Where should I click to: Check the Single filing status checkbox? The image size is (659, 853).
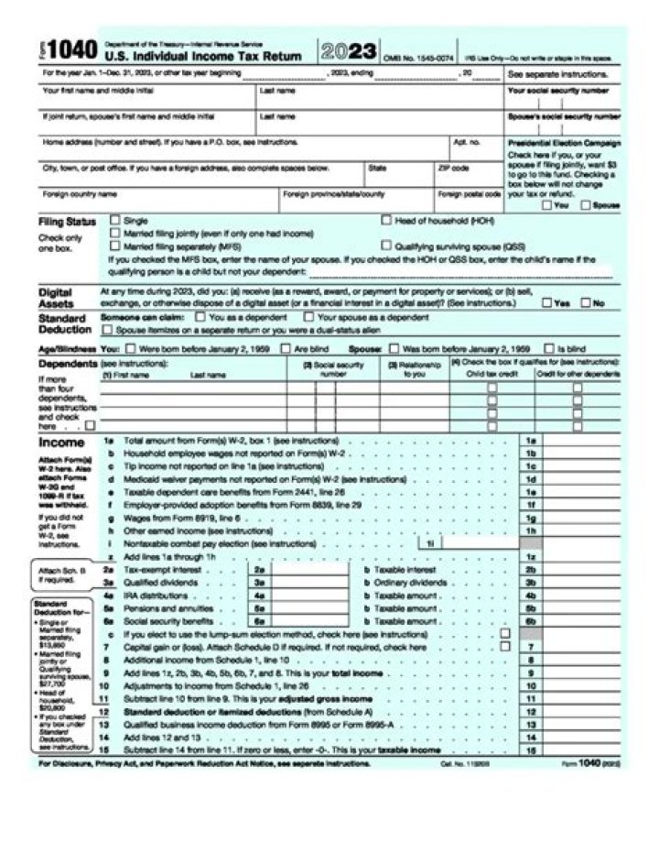(115, 220)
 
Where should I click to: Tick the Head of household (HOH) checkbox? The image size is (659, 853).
(387, 220)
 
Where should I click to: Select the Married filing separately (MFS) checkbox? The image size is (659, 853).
(115, 246)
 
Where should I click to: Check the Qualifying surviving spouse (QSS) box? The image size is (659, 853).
(387, 246)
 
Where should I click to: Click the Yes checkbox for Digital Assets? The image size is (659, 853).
(546, 302)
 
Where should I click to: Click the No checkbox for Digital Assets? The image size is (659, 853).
(587, 302)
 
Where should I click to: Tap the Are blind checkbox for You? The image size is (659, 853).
(286, 348)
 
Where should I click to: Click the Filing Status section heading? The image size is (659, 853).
(67, 222)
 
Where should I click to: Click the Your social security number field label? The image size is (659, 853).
(557, 92)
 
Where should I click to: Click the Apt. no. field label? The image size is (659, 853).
(465, 143)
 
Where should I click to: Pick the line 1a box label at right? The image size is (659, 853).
(530, 441)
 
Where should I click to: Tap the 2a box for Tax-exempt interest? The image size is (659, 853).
(259, 569)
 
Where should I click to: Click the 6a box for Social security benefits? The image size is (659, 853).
(259, 620)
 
